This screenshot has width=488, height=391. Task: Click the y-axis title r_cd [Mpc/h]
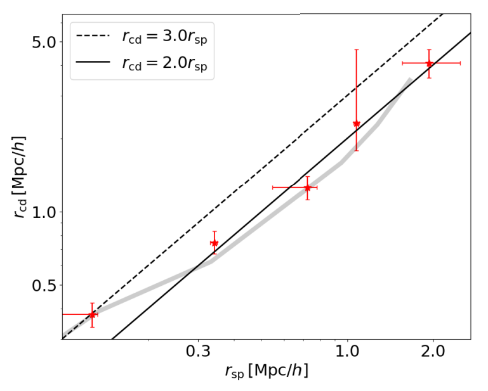click(x=18, y=177)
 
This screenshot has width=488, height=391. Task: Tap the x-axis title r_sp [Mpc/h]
click(x=267, y=371)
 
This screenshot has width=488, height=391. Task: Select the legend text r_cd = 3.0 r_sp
click(x=164, y=36)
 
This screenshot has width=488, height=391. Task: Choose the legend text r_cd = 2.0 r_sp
click(x=164, y=63)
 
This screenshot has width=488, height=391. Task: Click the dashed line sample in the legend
click(x=94, y=36)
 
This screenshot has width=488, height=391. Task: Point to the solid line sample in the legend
click(x=94, y=63)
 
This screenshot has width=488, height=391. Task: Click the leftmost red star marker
click(x=92, y=314)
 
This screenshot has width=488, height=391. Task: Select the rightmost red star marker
click(x=429, y=63)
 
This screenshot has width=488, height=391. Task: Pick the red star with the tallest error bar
click(x=356, y=124)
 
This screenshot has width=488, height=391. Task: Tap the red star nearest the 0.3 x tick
click(x=214, y=243)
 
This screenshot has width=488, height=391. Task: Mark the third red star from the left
click(x=307, y=188)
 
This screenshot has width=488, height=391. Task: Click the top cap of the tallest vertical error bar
click(x=356, y=49)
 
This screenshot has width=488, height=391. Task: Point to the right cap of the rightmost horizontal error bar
click(x=460, y=63)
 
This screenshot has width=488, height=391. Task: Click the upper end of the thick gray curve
click(x=410, y=79)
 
